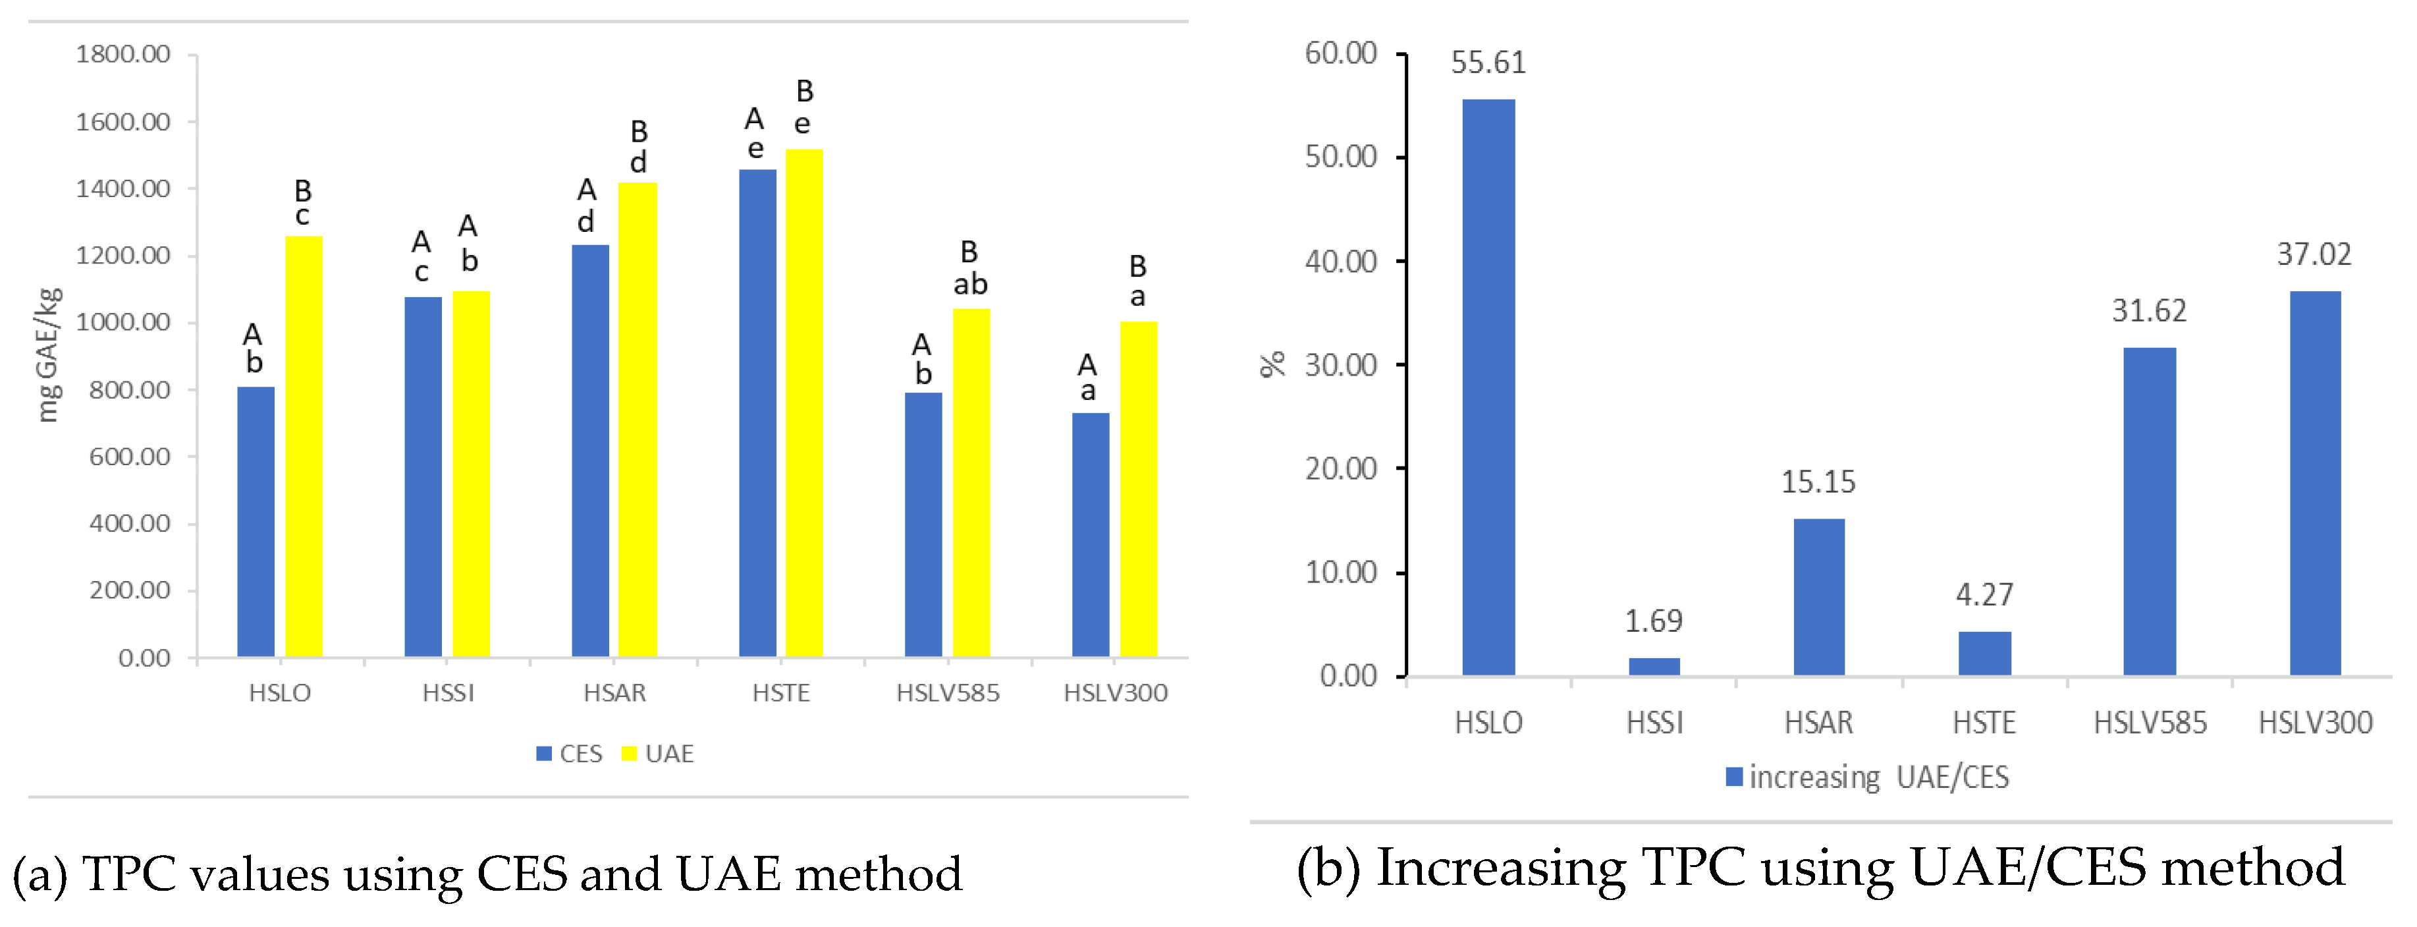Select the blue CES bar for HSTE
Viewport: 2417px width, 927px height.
coord(757,413)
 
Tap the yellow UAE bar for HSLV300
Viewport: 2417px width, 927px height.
coord(1138,489)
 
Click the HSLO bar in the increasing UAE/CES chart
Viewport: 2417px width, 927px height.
coord(1488,387)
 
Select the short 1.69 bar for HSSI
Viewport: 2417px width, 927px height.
coord(1654,666)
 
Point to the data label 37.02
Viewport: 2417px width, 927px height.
coord(2314,255)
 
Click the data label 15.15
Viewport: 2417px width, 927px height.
coord(1818,482)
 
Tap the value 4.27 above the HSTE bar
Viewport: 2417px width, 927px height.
coord(1984,595)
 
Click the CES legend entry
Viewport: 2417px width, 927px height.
coord(570,754)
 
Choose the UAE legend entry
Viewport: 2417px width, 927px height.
coord(658,754)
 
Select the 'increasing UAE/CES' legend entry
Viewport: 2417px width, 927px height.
coord(1867,777)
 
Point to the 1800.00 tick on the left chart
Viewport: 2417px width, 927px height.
coord(123,55)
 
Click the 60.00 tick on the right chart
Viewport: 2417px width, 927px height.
coord(1341,53)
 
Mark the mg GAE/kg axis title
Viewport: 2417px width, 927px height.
coord(48,354)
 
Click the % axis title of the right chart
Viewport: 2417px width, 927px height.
coord(1272,364)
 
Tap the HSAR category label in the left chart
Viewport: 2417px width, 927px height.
coord(614,693)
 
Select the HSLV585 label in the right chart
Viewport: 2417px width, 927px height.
coord(2150,723)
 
